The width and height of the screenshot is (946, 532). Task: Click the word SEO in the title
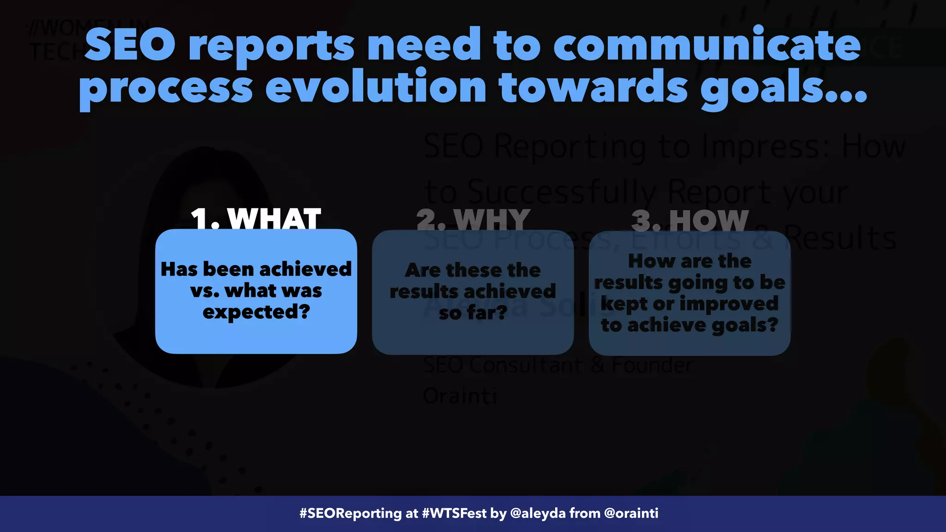tap(130, 45)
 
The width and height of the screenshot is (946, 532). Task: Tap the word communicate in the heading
tap(707, 45)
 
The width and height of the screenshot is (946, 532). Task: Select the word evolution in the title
tap(376, 87)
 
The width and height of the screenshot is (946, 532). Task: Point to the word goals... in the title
tap(783, 87)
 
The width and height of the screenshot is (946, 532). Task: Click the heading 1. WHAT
tap(255, 219)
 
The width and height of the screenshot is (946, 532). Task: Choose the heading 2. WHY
tap(473, 220)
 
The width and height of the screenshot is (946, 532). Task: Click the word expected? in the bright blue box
tap(256, 312)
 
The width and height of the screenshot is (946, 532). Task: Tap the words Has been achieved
tap(256, 269)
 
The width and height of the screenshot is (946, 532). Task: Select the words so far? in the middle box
tap(473, 313)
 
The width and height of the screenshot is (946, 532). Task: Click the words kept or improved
tap(690, 304)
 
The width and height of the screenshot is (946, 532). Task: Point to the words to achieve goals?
tap(690, 325)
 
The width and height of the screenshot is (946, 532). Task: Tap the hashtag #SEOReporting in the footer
tap(351, 514)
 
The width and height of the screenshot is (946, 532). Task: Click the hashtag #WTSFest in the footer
tap(454, 514)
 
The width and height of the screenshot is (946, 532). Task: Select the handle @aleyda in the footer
tap(538, 514)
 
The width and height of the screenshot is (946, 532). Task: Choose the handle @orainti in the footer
tap(631, 514)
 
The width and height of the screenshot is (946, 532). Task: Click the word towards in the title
tap(593, 87)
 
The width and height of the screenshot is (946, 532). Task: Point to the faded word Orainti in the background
tap(460, 396)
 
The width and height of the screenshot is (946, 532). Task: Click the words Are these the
tap(473, 270)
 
